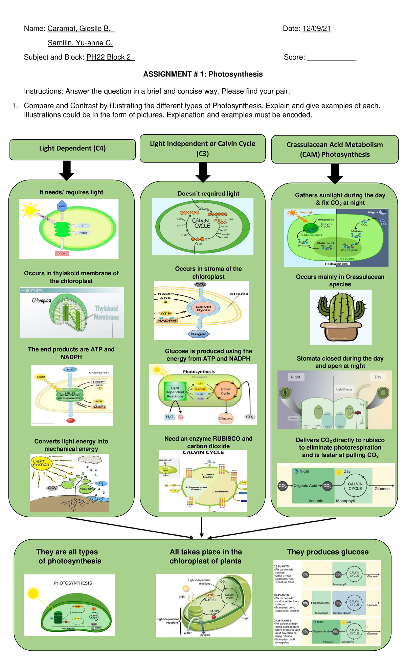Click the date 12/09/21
click(316, 28)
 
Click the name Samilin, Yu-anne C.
click(80, 43)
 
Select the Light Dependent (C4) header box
click(72, 149)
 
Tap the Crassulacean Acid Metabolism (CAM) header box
click(335, 149)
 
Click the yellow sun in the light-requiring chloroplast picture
click(30, 210)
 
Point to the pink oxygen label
click(62, 253)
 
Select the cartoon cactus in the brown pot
click(341, 317)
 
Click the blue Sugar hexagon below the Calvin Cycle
click(199, 334)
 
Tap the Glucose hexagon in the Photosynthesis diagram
click(225, 418)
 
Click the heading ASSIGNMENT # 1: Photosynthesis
click(203, 74)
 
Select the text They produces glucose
click(328, 552)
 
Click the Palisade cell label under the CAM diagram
click(336, 263)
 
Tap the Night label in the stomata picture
click(295, 377)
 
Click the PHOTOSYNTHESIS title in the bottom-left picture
click(73, 583)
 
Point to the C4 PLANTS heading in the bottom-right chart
click(281, 595)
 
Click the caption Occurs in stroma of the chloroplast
click(208, 273)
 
